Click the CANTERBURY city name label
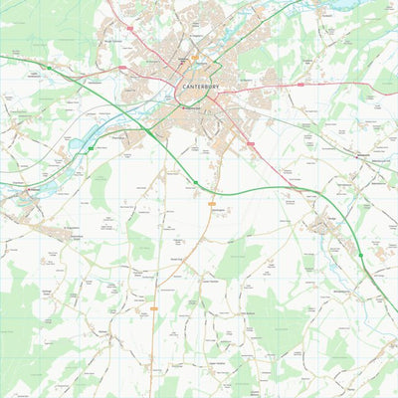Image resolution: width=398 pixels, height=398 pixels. (x=199, y=86)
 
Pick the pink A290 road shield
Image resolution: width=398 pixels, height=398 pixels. (x=123, y=68)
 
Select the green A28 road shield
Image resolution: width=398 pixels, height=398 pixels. (x=91, y=149)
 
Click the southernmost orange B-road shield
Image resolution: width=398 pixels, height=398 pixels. (x=154, y=309)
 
